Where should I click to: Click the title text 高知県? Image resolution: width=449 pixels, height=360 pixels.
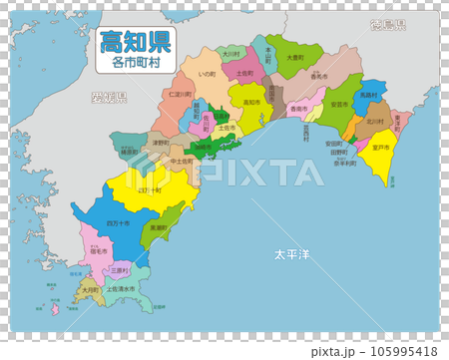pyautogui.click(x=133, y=42)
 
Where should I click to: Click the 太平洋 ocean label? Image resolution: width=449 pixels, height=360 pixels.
pyautogui.click(x=291, y=255)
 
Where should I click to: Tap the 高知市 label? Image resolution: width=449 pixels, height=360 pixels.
pyautogui.click(x=251, y=103)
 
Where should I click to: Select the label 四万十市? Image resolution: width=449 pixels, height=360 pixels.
pyautogui.click(x=117, y=223)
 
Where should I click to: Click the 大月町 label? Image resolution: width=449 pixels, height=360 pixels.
pyautogui.click(x=90, y=289)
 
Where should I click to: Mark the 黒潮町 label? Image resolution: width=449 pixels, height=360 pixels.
pyautogui.click(x=158, y=227)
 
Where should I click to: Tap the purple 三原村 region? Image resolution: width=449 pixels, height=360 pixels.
pyautogui.click(x=119, y=268)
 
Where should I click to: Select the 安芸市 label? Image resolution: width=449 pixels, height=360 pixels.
pyautogui.click(x=339, y=104)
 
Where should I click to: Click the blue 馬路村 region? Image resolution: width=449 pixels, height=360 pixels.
pyautogui.click(x=369, y=95)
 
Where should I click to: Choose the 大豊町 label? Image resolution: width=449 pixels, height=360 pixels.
pyautogui.click(x=294, y=59)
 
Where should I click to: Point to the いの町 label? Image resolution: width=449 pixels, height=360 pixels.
pyautogui.click(x=208, y=74)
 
